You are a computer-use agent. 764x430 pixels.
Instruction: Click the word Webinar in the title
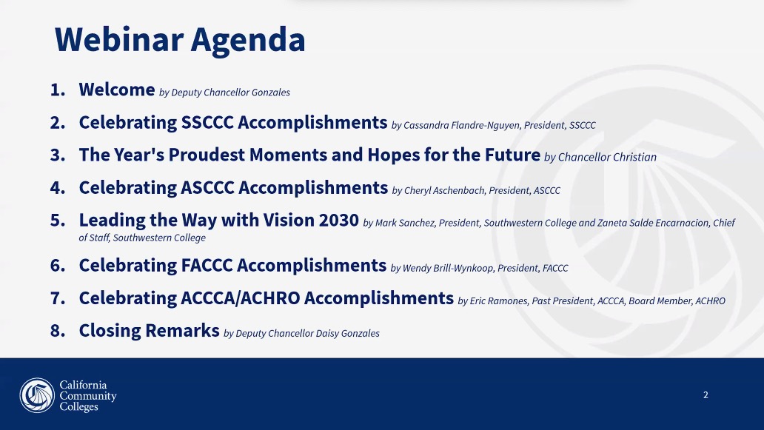pyautogui.click(x=119, y=39)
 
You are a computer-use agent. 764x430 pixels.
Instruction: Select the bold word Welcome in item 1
pyautogui.click(x=117, y=90)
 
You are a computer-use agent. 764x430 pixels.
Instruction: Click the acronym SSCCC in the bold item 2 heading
pyautogui.click(x=207, y=122)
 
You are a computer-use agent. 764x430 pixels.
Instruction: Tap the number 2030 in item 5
pyautogui.click(x=338, y=220)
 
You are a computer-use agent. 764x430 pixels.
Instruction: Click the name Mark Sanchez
pyautogui.click(x=404, y=223)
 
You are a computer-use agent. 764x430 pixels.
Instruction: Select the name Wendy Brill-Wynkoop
pyautogui.click(x=448, y=269)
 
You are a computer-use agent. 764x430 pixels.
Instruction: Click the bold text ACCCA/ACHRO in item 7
pyautogui.click(x=240, y=298)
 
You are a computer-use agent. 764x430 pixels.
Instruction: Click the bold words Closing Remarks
pyautogui.click(x=149, y=331)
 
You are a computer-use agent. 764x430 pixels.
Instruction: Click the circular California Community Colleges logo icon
pyautogui.click(x=37, y=395)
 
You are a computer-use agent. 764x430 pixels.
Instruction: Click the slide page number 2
pyautogui.click(x=706, y=395)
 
